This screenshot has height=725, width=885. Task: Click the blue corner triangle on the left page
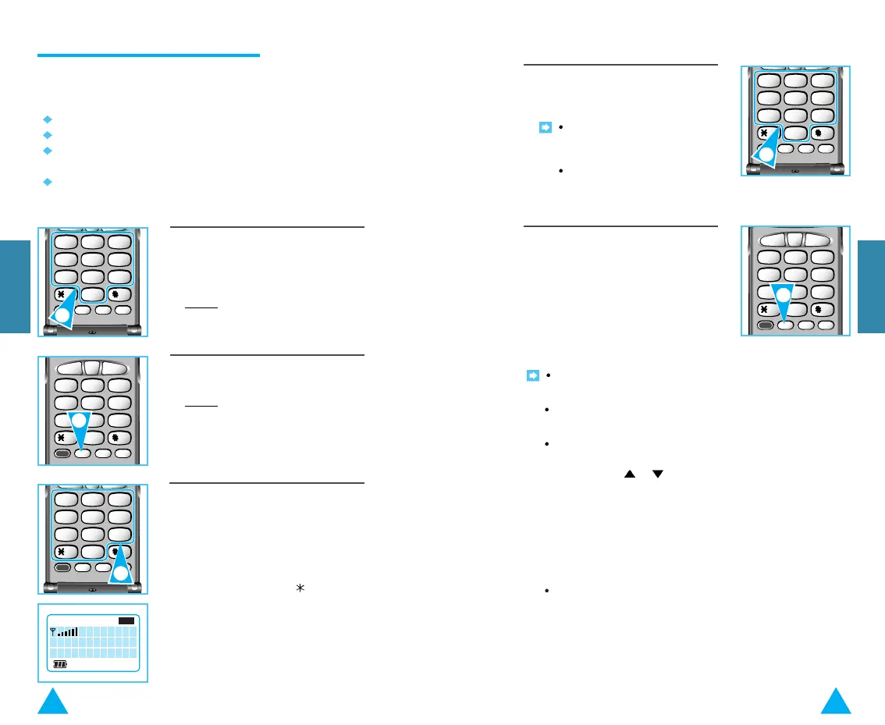click(53, 702)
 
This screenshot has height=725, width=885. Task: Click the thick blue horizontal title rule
click(148, 55)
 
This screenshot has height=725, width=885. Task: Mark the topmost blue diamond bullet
click(47, 119)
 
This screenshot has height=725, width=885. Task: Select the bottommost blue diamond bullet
click(47, 182)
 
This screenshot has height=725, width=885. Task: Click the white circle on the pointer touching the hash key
click(120, 574)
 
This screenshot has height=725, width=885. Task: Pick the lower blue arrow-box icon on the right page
click(533, 375)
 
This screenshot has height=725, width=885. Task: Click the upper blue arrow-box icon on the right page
click(546, 126)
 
